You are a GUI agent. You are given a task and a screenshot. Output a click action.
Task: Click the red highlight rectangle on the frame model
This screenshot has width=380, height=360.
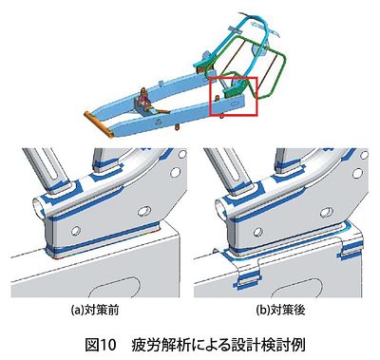(212, 96)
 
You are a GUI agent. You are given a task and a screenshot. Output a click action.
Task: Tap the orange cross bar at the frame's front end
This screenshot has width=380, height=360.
(99, 124)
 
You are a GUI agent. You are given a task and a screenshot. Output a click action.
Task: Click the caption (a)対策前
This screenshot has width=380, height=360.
(95, 310)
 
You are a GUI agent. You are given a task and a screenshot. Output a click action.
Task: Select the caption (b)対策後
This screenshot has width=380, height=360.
(281, 310)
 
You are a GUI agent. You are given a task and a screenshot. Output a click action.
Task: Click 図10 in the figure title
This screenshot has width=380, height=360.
(101, 345)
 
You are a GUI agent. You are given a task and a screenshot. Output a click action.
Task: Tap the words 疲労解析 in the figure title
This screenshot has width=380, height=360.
(158, 345)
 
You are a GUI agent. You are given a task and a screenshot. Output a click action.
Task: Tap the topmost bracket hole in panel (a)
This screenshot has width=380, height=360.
(181, 154)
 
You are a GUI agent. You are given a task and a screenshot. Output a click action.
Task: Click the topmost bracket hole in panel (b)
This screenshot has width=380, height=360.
(365, 154)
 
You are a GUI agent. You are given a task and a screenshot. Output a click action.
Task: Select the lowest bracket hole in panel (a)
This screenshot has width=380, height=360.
(76, 231)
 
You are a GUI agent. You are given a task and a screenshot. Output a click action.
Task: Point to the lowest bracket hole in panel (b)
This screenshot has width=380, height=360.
(258, 232)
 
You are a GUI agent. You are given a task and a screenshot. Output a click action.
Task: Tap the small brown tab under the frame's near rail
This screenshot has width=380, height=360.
(178, 127)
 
